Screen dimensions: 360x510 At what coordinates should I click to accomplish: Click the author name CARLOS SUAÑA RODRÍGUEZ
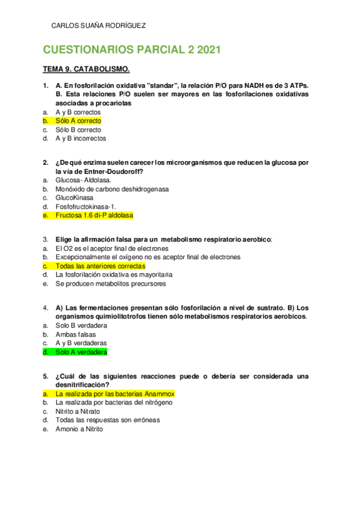(99, 25)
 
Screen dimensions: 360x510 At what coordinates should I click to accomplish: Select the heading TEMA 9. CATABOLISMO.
(86, 70)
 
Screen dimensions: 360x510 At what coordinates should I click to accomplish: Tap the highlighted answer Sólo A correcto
(78, 121)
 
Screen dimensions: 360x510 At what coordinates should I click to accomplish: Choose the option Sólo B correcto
(78, 129)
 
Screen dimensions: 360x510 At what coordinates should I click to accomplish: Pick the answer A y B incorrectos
(81, 138)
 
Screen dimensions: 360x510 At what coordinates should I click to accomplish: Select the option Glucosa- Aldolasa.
(83, 180)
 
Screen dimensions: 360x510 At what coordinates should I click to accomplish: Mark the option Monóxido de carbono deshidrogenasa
(112, 189)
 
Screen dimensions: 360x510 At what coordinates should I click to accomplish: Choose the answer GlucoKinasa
(75, 197)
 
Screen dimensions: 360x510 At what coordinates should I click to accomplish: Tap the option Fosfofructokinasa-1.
(85, 206)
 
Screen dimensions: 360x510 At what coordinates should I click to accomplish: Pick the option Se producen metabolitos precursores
(111, 283)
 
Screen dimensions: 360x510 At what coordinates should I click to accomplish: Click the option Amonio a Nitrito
(79, 429)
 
